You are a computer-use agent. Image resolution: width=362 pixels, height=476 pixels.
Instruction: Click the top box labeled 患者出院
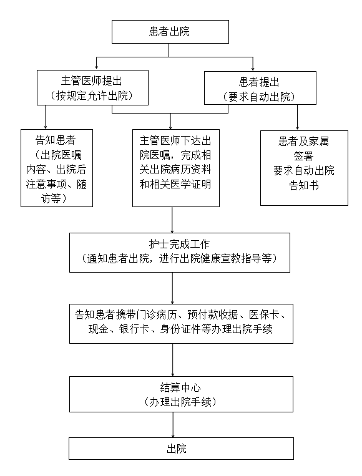pyautogui.click(x=170, y=32)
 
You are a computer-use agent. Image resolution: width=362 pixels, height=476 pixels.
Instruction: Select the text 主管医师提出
pyautogui.click(x=91, y=80)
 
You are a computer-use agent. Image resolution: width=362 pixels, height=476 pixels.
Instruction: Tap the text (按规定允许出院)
pyautogui.click(x=92, y=95)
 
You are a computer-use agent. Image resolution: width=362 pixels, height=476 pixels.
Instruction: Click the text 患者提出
pyautogui.click(x=259, y=82)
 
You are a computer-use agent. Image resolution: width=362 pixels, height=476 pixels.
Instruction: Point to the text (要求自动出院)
pyautogui.click(x=259, y=97)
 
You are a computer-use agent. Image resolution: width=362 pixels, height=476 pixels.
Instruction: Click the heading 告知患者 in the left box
pyautogui.click(x=56, y=140)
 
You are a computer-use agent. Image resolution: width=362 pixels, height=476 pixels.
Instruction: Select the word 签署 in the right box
pyautogui.click(x=303, y=156)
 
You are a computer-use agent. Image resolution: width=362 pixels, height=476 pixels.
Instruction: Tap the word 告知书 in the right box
pyautogui.click(x=304, y=185)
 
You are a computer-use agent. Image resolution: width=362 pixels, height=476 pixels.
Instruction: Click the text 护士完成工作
pyautogui.click(x=180, y=244)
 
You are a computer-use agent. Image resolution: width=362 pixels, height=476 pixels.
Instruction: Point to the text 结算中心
pyautogui.click(x=180, y=387)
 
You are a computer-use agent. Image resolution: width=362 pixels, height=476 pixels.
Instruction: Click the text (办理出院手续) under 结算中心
pyautogui.click(x=180, y=402)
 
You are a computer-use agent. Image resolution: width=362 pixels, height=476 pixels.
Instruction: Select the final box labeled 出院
pyautogui.click(x=181, y=449)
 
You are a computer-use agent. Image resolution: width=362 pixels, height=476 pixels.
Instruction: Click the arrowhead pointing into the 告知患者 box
pyautogui.click(x=46, y=127)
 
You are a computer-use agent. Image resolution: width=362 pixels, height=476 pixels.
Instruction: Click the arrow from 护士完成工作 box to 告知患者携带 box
pyautogui.click(x=172, y=288)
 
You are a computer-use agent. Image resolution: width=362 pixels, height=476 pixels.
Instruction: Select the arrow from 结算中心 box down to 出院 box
pyautogui.click(x=173, y=425)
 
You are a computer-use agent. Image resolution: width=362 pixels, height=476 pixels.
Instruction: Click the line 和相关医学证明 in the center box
pyautogui.click(x=175, y=184)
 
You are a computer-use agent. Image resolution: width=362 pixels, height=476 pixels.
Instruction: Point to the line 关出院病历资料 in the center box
pyautogui.click(x=175, y=170)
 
